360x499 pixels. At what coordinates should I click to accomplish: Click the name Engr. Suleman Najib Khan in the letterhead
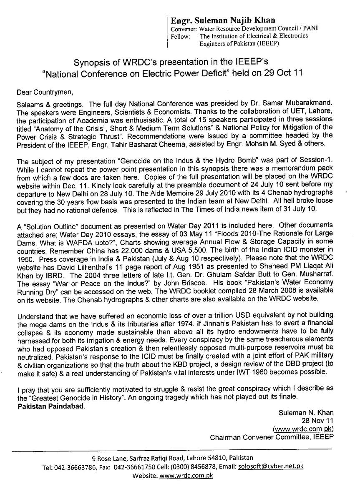pos(223,20)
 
